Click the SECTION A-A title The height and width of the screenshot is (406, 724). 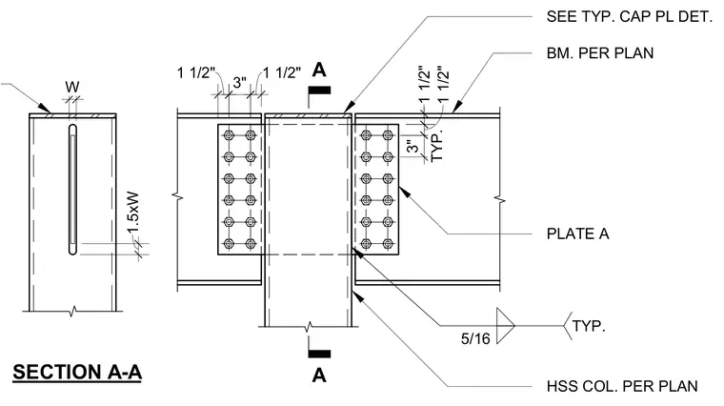coord(77,372)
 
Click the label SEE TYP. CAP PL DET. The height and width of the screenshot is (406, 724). coord(630,16)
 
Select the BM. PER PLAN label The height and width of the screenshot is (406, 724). coord(600,53)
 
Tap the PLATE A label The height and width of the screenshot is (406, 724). coord(577,233)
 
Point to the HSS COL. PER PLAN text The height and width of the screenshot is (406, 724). coord(622,386)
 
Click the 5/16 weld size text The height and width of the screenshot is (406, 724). coord(475,338)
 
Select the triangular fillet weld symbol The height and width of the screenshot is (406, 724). coord(505,326)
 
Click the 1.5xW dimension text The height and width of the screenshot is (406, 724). coord(133,213)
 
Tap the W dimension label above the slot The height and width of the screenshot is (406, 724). coord(72,87)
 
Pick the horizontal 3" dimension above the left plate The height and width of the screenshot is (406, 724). coord(240,83)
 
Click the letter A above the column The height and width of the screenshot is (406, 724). coord(319,70)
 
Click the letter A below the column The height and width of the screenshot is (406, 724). coord(319,376)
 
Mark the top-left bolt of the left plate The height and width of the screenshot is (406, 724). coord(229,135)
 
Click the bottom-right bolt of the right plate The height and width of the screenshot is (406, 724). coord(388,243)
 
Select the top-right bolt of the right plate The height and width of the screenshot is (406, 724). coord(388,135)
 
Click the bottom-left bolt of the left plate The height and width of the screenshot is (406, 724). coord(229,243)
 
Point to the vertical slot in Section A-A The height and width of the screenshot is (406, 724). coord(72,189)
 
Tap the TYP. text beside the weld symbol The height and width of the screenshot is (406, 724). coord(589,326)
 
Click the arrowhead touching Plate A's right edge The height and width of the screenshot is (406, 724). coord(404,192)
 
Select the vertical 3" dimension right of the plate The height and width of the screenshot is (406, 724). coord(412,147)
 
